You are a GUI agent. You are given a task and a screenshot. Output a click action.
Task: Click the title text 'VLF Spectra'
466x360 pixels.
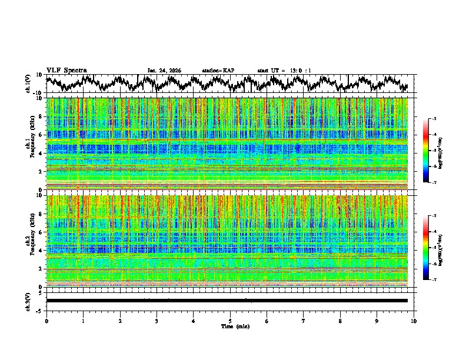pos(66,71)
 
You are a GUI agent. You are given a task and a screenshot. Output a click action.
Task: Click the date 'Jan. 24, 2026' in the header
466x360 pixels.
pos(164,71)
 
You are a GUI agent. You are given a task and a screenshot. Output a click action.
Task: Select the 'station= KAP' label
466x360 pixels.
pos(218,71)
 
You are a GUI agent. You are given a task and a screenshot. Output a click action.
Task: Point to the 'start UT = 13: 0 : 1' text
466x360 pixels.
pos(284,71)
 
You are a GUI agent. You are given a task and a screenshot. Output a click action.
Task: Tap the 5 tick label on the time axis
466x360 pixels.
pos(230,321)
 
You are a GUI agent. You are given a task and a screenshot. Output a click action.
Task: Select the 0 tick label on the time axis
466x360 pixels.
pos(46,321)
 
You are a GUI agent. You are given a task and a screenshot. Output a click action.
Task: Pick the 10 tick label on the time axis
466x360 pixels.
pos(414,321)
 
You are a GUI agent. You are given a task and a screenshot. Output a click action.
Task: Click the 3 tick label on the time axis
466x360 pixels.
pos(157,321)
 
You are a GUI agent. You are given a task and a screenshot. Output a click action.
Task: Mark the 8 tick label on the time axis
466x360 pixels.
pos(340,321)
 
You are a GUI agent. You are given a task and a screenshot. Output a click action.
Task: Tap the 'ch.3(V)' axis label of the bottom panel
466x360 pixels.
pos(28,301)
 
